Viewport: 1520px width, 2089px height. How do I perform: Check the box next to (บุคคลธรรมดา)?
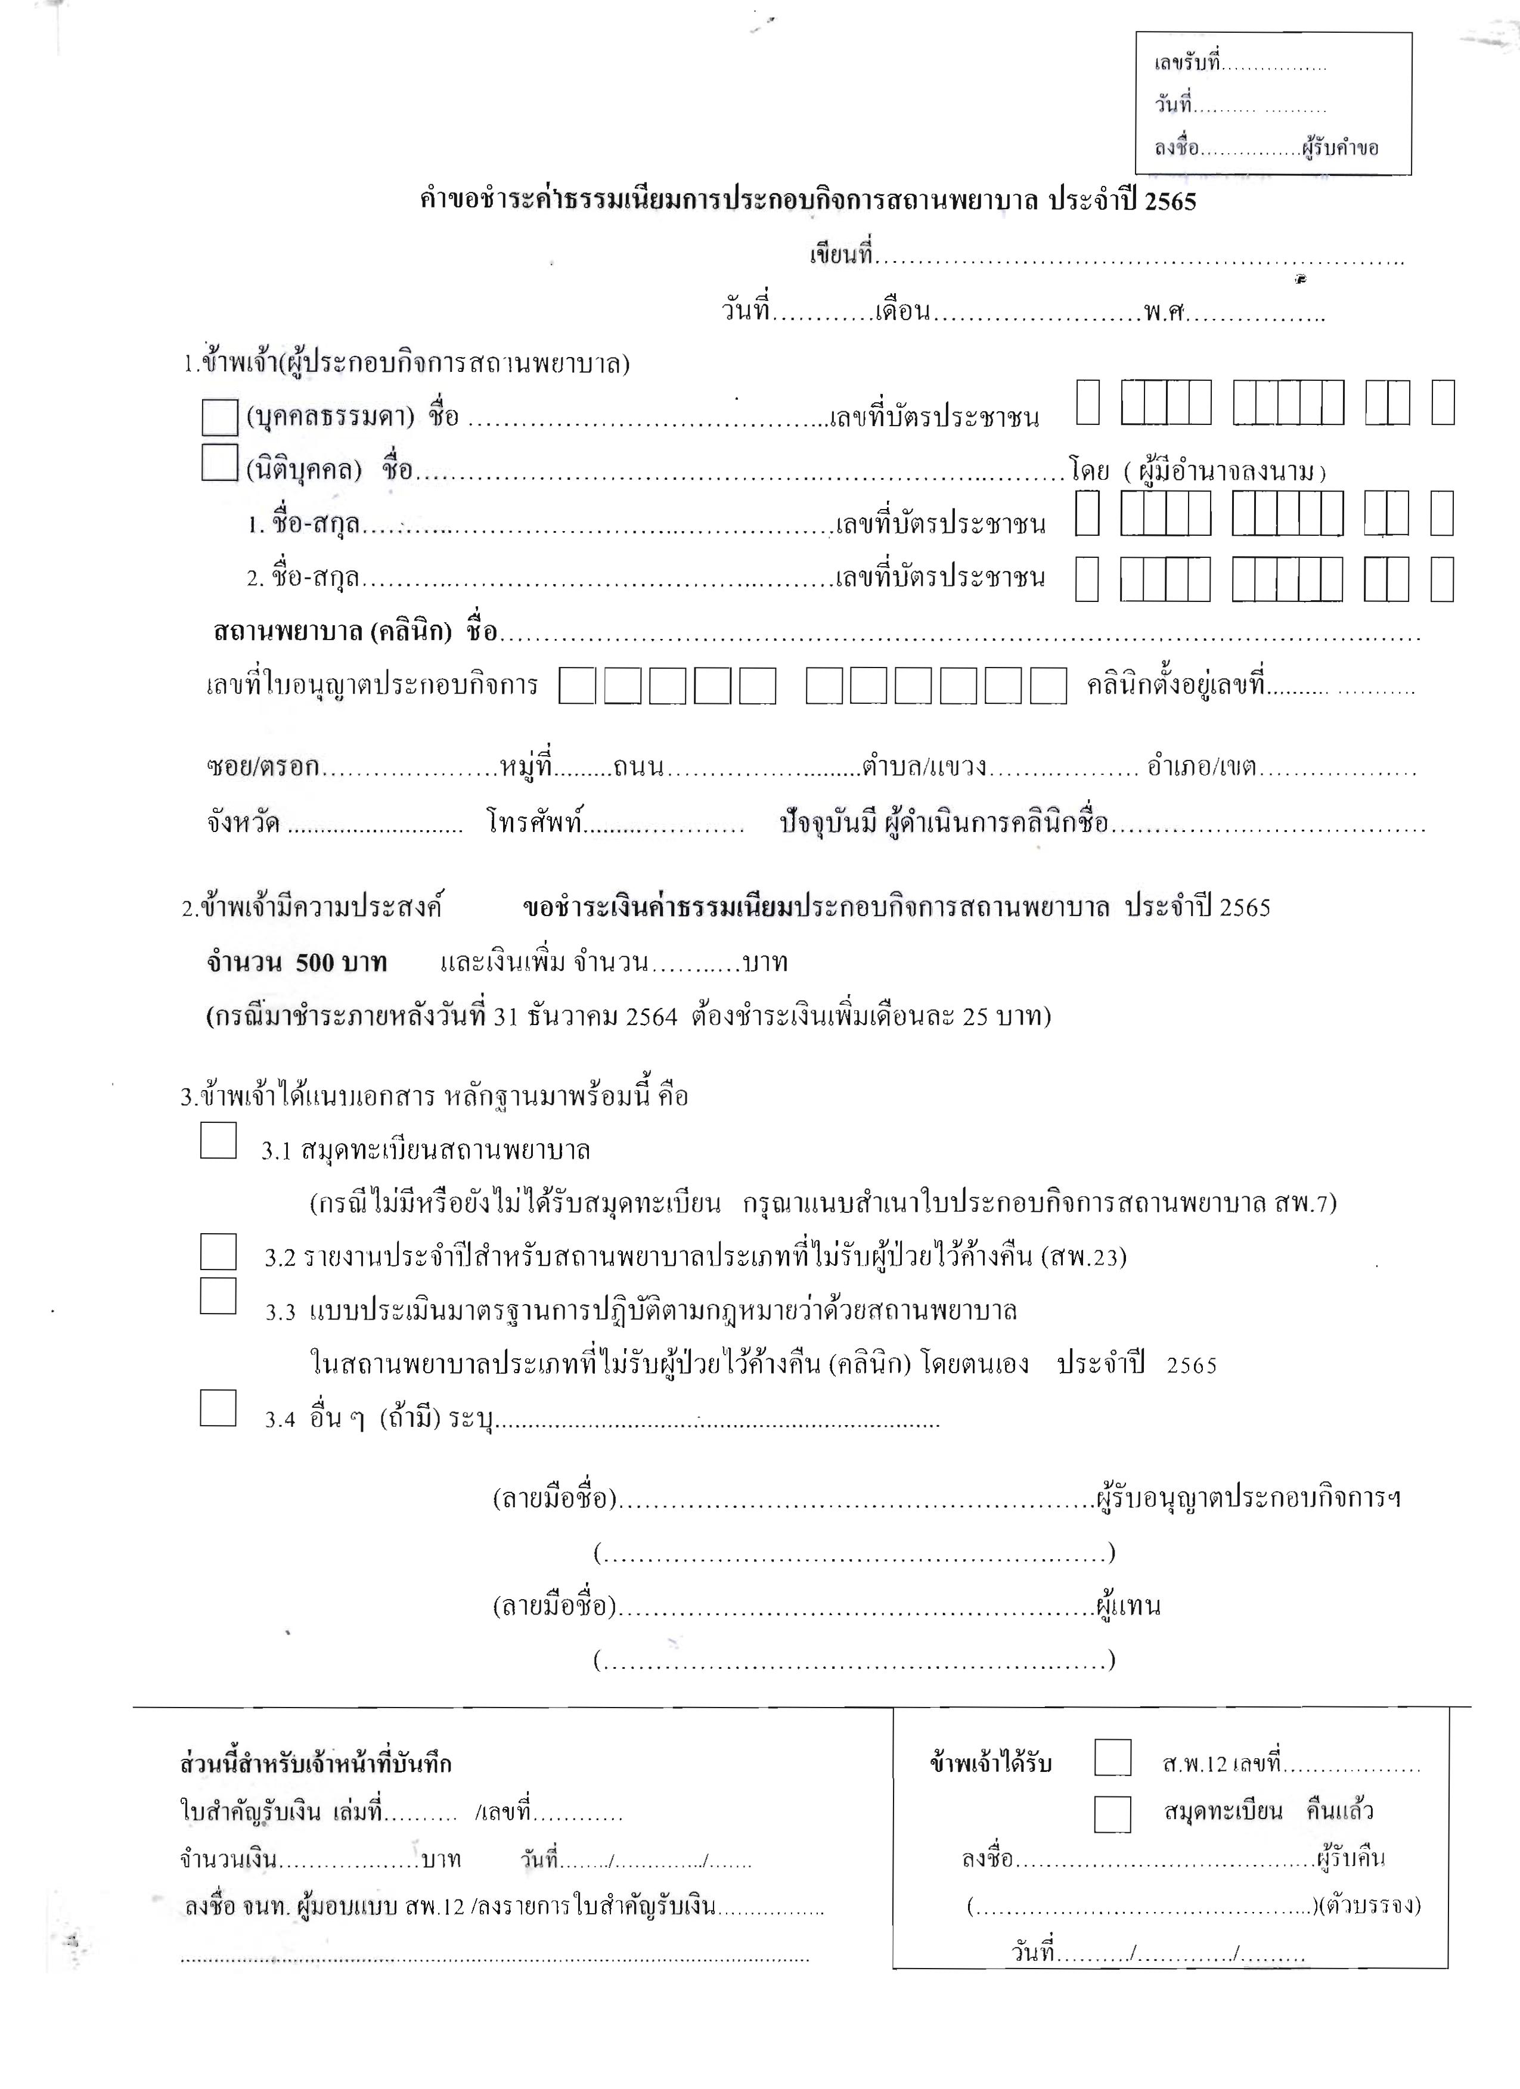click(219, 417)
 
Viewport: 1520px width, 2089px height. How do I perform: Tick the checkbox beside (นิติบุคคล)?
click(219, 463)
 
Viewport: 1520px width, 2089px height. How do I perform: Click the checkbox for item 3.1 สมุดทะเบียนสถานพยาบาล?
click(218, 1140)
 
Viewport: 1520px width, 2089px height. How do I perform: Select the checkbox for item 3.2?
click(218, 1252)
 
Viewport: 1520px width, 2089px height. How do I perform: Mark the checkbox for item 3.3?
click(218, 1296)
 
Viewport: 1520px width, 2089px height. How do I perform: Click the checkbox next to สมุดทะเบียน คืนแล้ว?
click(1113, 1814)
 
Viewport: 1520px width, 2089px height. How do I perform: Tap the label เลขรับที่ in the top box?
click(1187, 64)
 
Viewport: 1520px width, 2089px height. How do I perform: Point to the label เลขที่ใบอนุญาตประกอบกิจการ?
click(372, 686)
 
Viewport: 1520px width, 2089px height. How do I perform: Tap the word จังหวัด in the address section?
click(243, 822)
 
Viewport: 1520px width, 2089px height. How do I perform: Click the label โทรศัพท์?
click(536, 822)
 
